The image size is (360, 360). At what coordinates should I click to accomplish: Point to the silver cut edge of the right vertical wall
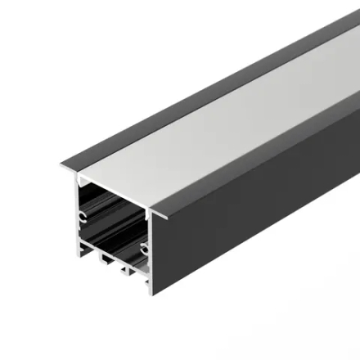[x=151, y=254]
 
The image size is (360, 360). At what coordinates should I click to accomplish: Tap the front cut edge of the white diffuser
[x=115, y=191]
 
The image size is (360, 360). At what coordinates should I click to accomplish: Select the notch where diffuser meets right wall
[x=150, y=211]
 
